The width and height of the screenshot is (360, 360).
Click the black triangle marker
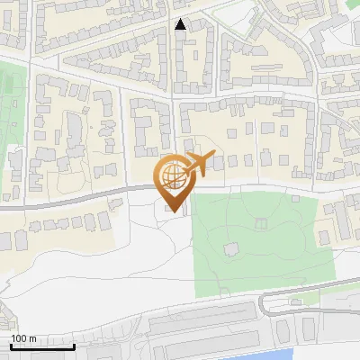click(x=181, y=24)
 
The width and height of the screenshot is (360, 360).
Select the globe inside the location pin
click(x=174, y=178)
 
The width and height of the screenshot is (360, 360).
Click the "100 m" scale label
click(x=22, y=337)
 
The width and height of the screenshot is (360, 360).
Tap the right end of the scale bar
click(x=75, y=346)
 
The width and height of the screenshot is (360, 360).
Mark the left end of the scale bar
click(x=10, y=346)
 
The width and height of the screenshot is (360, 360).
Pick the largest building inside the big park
click(x=231, y=247)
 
